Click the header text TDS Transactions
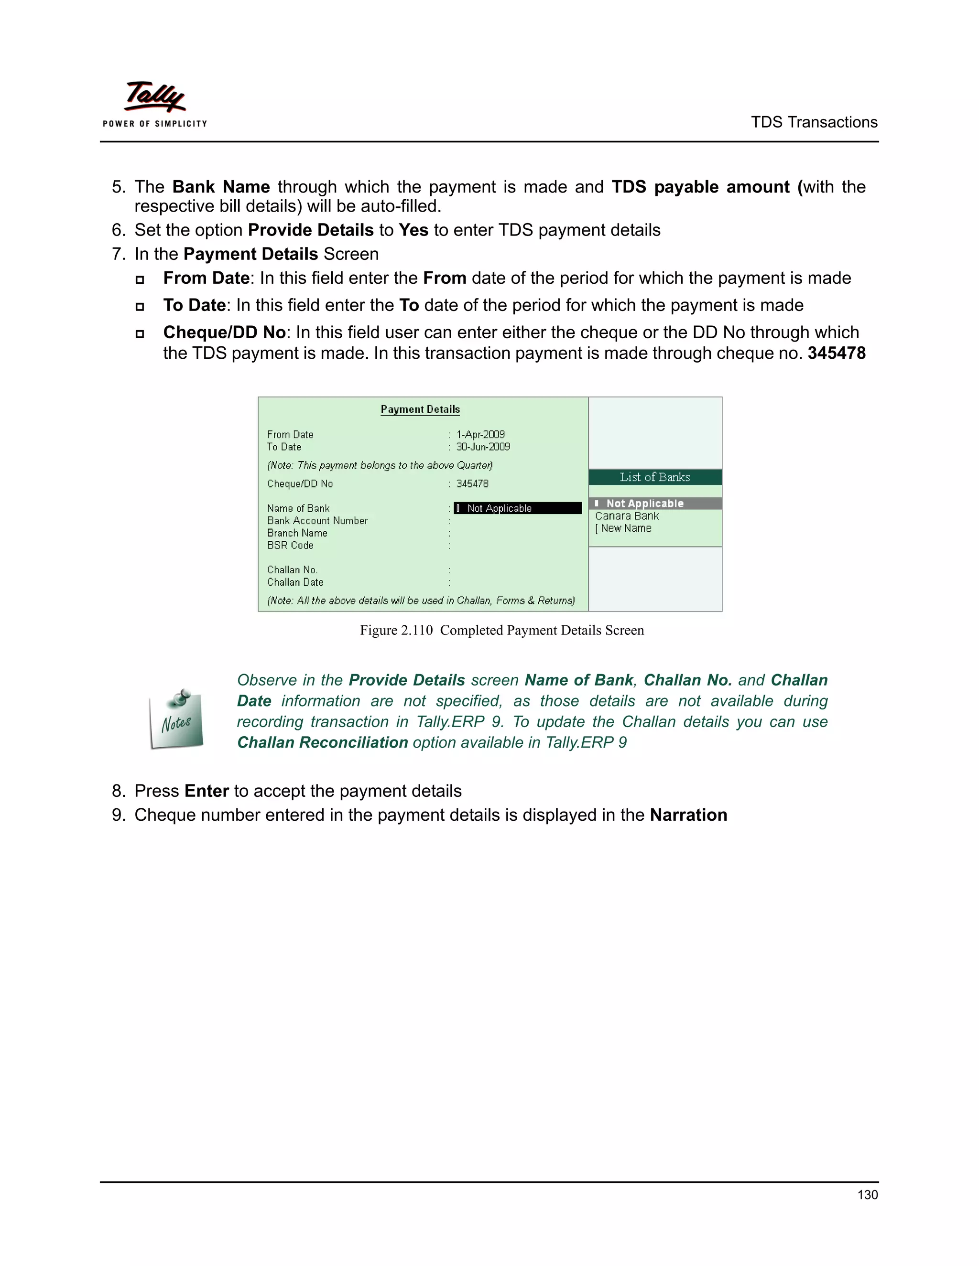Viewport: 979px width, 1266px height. tap(814, 122)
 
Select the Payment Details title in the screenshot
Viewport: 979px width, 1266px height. tap(420, 409)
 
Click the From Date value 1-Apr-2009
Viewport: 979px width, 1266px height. tap(480, 434)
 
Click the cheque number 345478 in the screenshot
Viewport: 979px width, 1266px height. tap(472, 483)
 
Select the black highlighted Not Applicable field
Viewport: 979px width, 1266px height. tap(517, 508)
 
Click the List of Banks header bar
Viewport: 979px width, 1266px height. tap(655, 477)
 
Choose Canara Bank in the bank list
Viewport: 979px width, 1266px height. tap(627, 516)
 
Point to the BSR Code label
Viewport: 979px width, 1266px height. tap(290, 546)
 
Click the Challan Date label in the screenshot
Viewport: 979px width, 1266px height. tap(295, 582)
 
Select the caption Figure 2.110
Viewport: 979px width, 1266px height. tap(396, 630)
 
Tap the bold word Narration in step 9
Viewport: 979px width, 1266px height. tap(688, 815)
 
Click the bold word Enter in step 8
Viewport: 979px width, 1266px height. tap(207, 791)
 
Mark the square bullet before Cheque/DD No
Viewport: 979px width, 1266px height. tap(140, 334)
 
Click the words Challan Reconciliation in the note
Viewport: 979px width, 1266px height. tap(323, 742)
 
